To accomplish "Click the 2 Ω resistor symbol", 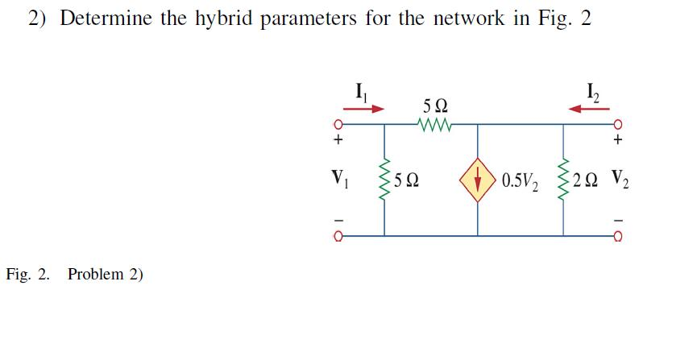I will pyautogui.click(x=563, y=179).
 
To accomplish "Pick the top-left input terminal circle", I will pyautogui.click(x=340, y=126).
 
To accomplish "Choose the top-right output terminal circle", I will pyautogui.click(x=619, y=126).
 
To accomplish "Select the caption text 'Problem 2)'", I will pyautogui.click(x=106, y=274).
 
